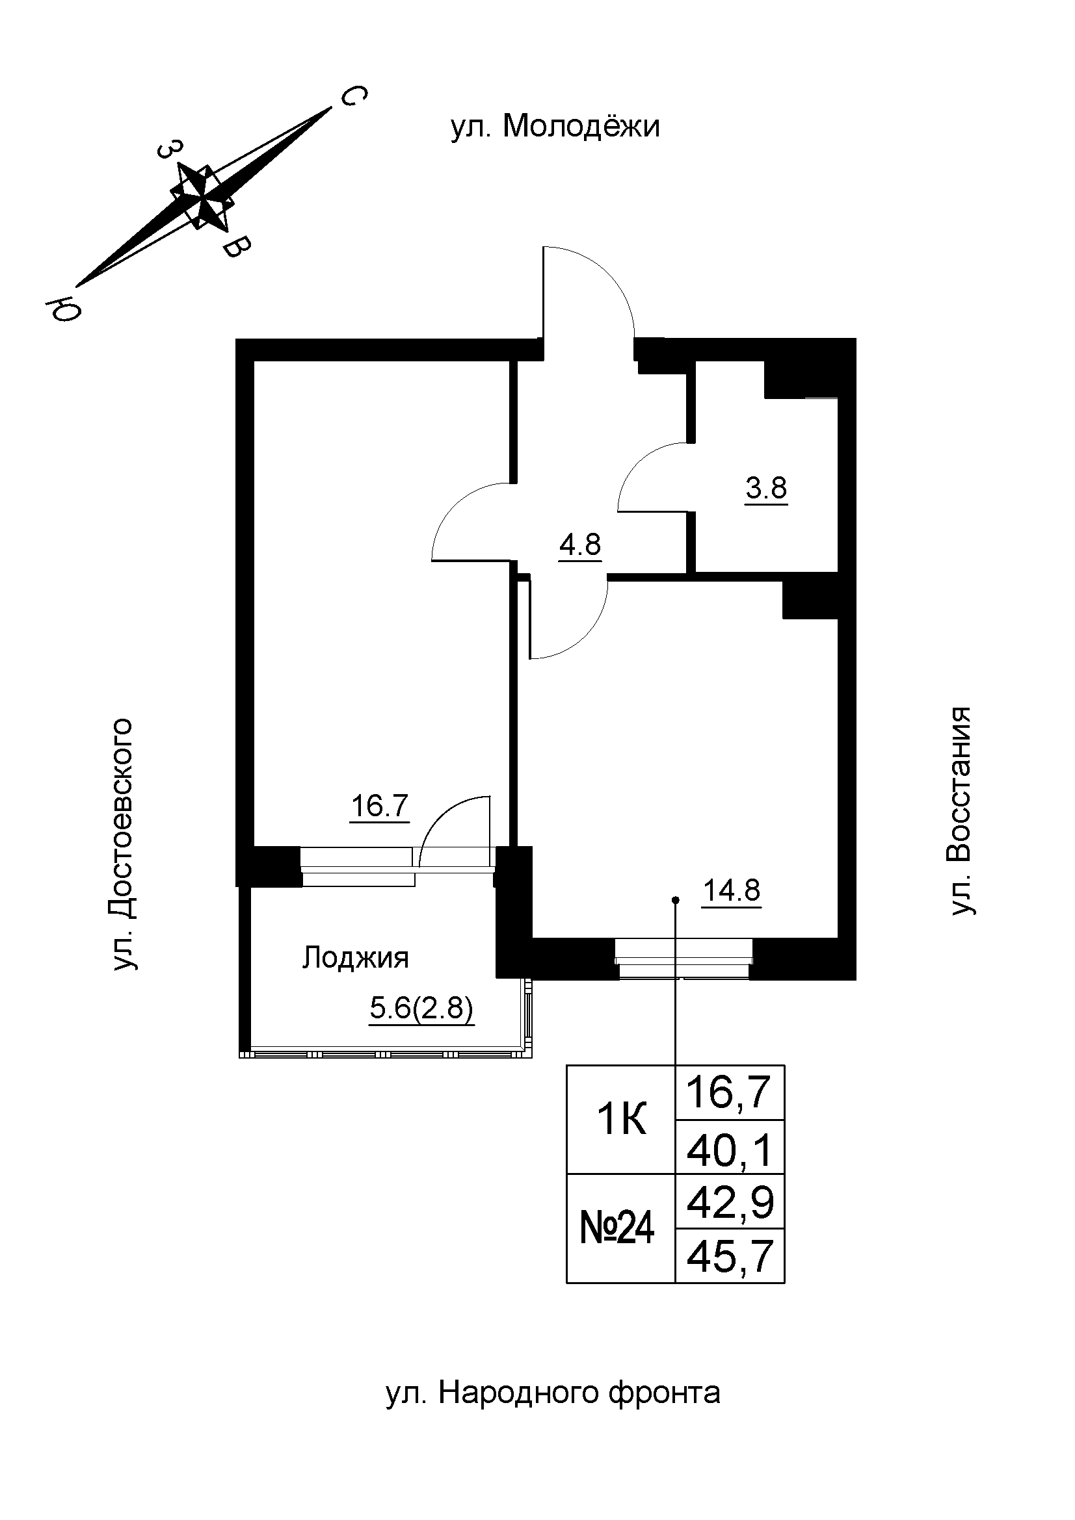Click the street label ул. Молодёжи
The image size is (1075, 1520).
click(x=555, y=126)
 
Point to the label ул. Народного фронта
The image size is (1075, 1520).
click(x=553, y=1393)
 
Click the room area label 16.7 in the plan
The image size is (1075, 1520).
click(x=380, y=806)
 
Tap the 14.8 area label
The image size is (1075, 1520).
click(x=731, y=891)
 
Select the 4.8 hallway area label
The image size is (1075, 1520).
click(x=579, y=545)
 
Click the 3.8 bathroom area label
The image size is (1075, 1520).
click(x=765, y=489)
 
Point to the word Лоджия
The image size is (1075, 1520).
click(x=356, y=958)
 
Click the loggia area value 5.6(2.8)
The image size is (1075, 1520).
click(x=421, y=1009)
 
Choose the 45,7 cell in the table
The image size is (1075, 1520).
click(x=730, y=1257)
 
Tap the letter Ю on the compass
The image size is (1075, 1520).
click(x=62, y=308)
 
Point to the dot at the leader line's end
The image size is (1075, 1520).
click(x=675, y=899)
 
